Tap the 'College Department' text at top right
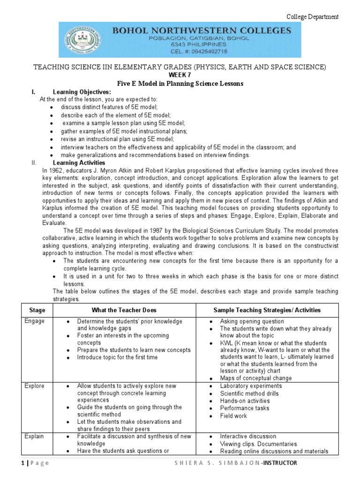click(x=313, y=17)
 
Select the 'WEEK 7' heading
click(x=180, y=75)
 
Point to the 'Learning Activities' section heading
click(x=79, y=162)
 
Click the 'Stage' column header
click(x=37, y=310)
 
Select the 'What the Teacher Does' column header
click(x=124, y=310)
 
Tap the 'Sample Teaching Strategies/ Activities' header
click(x=267, y=310)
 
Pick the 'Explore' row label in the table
click(x=35, y=386)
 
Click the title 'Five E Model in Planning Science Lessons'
click(x=180, y=83)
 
